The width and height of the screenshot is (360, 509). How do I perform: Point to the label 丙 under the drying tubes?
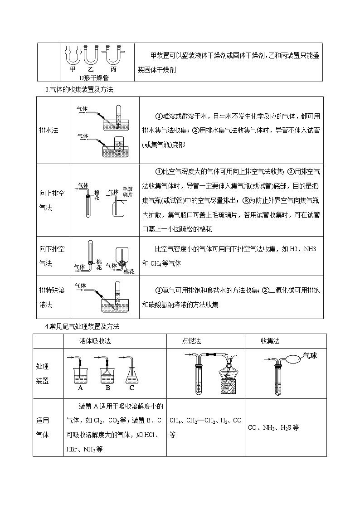click(113, 69)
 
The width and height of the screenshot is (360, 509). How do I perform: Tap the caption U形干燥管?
click(94, 78)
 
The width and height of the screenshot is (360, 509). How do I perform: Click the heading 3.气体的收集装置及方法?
click(79, 89)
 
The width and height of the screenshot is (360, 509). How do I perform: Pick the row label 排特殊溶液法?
click(52, 297)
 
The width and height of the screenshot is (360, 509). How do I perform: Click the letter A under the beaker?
click(80, 388)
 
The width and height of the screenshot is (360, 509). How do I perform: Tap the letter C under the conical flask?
click(131, 388)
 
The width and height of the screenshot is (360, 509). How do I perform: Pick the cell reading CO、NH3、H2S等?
click(273, 427)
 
